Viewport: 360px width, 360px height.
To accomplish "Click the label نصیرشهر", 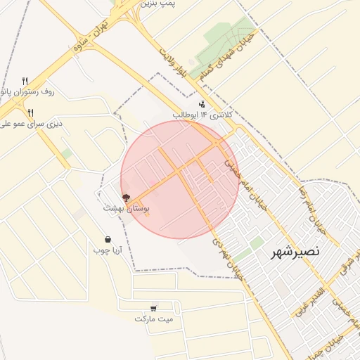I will [296, 251].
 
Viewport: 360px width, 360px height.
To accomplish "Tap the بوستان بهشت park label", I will [127, 208].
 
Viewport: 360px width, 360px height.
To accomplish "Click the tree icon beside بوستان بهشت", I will [126, 198].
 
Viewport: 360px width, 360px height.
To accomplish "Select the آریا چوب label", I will [108, 250].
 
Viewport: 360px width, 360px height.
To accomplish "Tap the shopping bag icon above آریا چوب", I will [108, 239].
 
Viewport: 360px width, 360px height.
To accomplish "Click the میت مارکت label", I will [154, 319].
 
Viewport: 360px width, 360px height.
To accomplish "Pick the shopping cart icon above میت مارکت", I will [154, 308].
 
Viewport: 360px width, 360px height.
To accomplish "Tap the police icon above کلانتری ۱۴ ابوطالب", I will [202, 104].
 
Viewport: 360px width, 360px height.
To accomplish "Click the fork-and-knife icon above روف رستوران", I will [25, 80].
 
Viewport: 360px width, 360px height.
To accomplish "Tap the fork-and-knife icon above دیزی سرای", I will [30, 112].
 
